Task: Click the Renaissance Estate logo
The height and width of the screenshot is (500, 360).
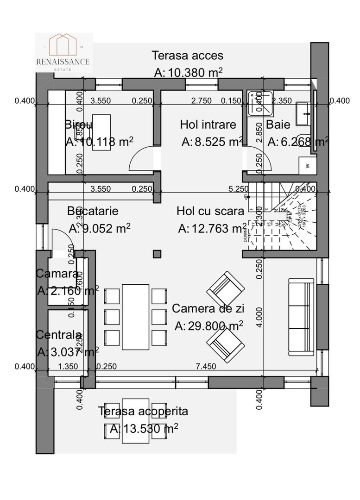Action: (63, 52)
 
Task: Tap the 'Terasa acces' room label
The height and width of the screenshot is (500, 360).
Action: (188, 56)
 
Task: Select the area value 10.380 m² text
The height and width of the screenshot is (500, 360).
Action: (188, 72)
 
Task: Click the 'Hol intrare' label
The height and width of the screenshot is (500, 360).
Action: (208, 125)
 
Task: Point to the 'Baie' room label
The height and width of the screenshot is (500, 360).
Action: (278, 125)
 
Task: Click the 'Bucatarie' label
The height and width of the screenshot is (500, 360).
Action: (93, 211)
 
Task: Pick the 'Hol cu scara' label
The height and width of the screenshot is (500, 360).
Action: (210, 212)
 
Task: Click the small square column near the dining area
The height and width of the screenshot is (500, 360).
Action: (157, 254)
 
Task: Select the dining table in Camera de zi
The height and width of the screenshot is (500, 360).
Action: (135, 317)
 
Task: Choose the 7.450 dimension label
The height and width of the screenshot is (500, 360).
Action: (206, 367)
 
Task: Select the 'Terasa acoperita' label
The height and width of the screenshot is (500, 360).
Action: (143, 411)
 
